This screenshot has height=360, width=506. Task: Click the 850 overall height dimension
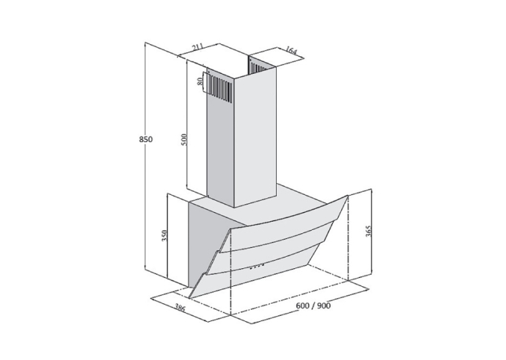pos(145,139)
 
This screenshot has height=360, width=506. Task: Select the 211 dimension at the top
pos(197,48)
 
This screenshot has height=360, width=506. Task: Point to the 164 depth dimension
pos(291,50)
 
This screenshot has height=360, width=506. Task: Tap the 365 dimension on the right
pos(369,231)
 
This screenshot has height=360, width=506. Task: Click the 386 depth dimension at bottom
pos(180,308)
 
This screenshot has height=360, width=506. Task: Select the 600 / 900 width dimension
pos(312,305)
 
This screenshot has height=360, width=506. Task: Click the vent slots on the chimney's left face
pos(220,88)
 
